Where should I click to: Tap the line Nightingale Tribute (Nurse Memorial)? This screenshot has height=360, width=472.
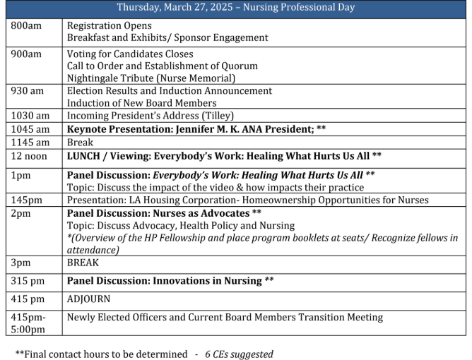tap(151, 78)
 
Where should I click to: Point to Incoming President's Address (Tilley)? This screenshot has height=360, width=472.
tap(150, 115)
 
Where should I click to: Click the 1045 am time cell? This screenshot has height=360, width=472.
tap(30, 128)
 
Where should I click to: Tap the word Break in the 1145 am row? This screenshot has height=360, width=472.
tap(81, 141)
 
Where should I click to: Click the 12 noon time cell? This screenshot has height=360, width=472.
tap(28, 155)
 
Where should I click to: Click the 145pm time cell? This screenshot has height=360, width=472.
tap(27, 200)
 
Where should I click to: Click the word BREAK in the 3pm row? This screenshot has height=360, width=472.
tap(83, 262)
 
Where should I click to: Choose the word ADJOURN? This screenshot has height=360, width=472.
tap(88, 299)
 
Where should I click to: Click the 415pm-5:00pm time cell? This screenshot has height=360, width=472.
tap(28, 323)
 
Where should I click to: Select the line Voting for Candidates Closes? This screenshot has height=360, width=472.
tap(129, 54)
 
